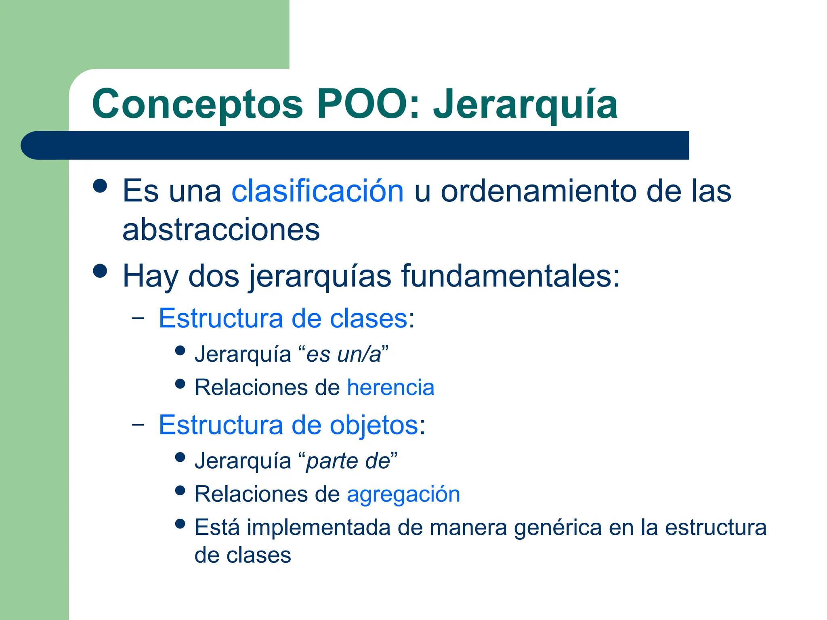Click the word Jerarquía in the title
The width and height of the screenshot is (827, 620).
[x=525, y=105]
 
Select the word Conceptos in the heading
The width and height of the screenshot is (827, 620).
[x=197, y=105]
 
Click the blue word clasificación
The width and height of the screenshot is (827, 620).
[x=317, y=191]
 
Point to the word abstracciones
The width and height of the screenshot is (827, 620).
[x=221, y=229]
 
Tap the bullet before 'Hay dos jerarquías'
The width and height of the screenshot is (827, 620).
[x=100, y=271]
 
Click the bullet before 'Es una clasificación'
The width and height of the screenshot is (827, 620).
[x=100, y=186]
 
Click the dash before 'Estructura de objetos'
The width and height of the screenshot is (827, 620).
[x=138, y=425]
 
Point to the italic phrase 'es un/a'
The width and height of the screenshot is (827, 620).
[x=344, y=354]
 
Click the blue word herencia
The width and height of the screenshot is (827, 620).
[x=390, y=387]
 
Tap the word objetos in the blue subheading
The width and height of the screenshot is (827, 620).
[x=374, y=425]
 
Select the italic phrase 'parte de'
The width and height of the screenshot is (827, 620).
[x=348, y=461]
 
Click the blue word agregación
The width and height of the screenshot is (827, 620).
[x=403, y=494]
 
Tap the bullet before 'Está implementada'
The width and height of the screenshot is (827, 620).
[x=180, y=524]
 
